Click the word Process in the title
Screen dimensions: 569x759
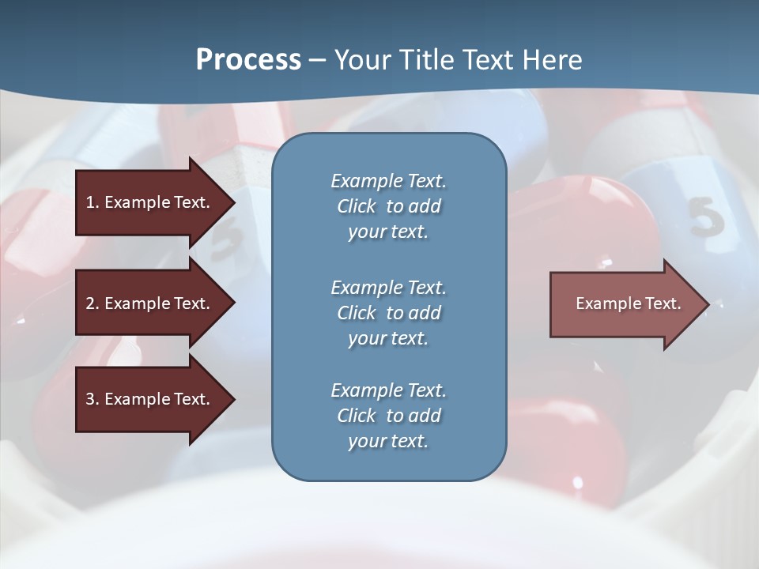pyautogui.click(x=248, y=59)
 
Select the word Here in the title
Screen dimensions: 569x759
pyautogui.click(x=552, y=59)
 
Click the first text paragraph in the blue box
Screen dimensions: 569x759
pyautogui.click(x=388, y=206)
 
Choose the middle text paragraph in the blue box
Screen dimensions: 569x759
pyautogui.click(x=388, y=313)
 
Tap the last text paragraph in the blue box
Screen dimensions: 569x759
pyautogui.click(x=388, y=416)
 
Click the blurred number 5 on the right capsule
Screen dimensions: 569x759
pyautogui.click(x=705, y=217)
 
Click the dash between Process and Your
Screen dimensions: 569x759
pyautogui.click(x=318, y=59)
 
